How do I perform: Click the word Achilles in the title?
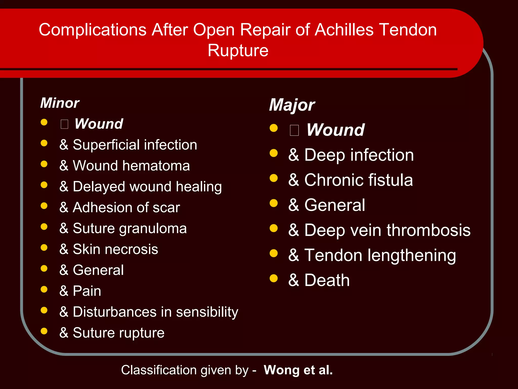pyautogui.click(x=344, y=30)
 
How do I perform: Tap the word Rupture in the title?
pyautogui.click(x=238, y=50)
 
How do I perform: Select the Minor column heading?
pyautogui.click(x=60, y=103)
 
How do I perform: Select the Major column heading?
pyautogui.click(x=292, y=105)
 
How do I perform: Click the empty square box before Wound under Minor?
pyautogui.click(x=64, y=124)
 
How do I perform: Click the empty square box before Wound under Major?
pyautogui.click(x=294, y=130)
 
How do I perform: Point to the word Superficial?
pyautogui.click(x=106, y=145)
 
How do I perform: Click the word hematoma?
pyautogui.click(x=156, y=166)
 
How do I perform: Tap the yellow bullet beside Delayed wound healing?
pyautogui.click(x=44, y=185)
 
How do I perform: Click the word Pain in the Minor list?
pyautogui.click(x=87, y=291)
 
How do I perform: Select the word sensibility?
pyautogui.click(x=207, y=312)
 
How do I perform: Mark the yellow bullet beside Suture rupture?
pyautogui.click(x=44, y=331)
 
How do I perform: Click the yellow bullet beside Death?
pyautogui.click(x=274, y=278)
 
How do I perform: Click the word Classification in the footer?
pyautogui.click(x=160, y=370)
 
